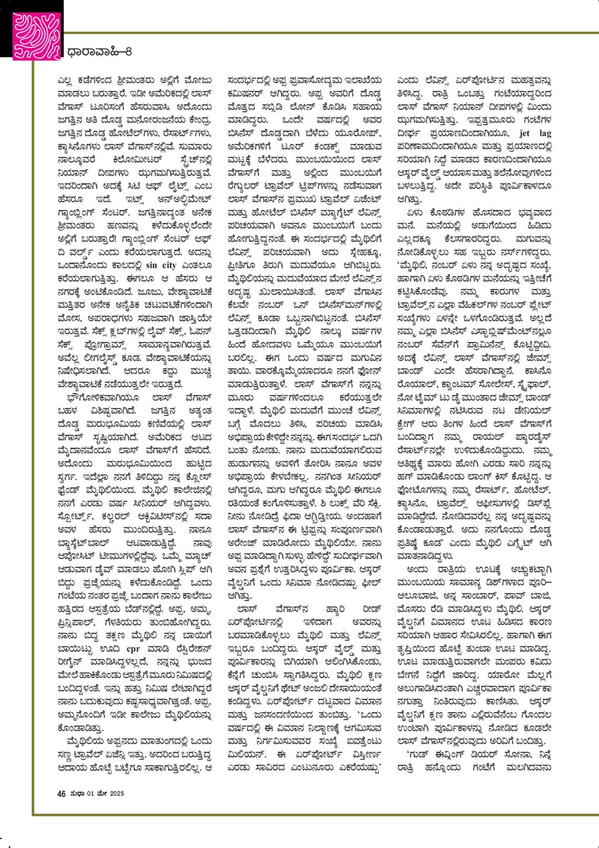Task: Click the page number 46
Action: point(61,794)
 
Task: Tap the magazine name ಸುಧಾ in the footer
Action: point(77,794)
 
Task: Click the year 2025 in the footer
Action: point(116,794)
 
